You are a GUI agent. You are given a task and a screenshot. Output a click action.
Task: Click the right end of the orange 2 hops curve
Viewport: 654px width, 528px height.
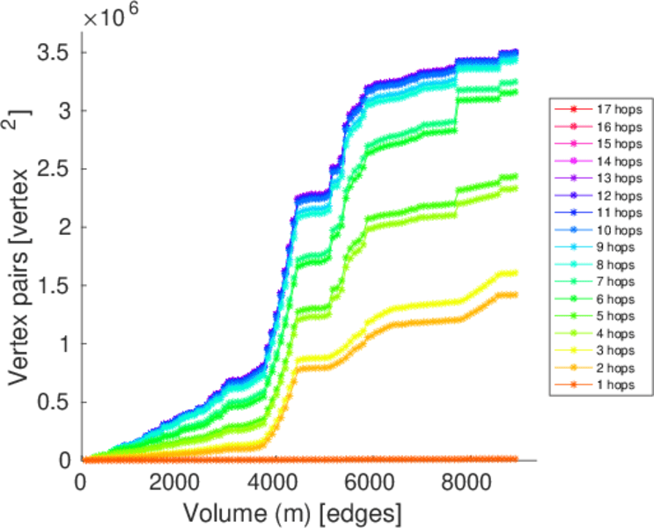tap(515, 295)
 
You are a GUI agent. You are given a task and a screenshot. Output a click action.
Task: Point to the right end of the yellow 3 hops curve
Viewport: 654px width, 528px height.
tap(515, 273)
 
